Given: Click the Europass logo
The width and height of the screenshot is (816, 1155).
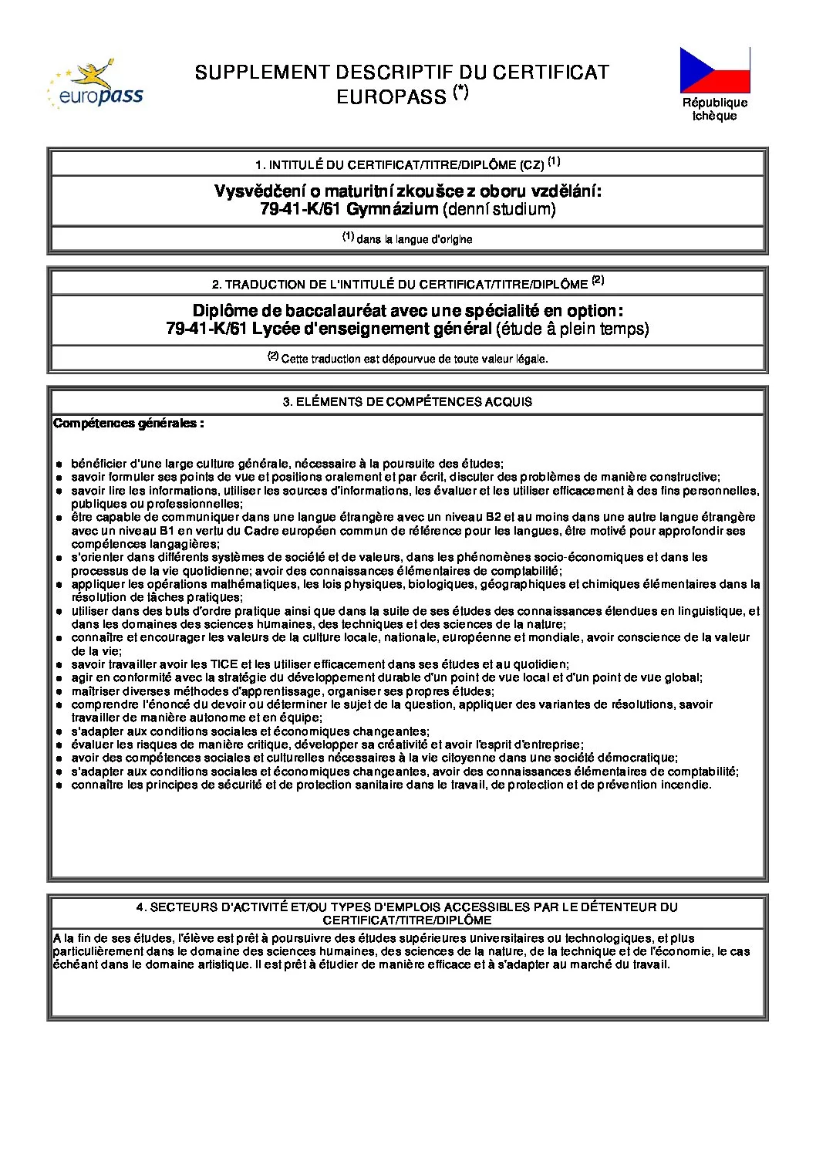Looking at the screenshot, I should [x=96, y=84].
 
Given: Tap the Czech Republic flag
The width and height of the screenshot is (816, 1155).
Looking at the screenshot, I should [x=714, y=70].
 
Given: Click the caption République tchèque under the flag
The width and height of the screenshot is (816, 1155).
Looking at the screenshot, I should [x=714, y=109].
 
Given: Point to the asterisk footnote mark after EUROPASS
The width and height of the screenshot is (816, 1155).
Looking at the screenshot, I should [x=461, y=92].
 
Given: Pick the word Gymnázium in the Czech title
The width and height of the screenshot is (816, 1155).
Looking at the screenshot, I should [x=392, y=209].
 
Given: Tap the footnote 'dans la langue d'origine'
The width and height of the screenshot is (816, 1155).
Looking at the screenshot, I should [x=414, y=239].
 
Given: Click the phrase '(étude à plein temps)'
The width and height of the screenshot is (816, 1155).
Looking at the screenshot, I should [x=572, y=329].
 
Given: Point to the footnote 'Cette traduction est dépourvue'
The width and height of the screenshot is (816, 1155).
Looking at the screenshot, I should [x=414, y=359].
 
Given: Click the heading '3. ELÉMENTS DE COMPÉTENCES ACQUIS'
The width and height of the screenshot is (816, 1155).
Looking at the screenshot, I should [x=407, y=401].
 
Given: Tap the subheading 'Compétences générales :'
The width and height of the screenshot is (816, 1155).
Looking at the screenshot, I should [x=129, y=423].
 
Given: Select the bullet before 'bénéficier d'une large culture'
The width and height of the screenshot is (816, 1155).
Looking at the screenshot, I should [x=59, y=464].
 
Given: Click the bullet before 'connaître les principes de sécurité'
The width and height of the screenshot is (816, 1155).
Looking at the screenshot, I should [x=59, y=785].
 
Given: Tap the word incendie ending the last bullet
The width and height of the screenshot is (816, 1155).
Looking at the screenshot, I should [x=687, y=785].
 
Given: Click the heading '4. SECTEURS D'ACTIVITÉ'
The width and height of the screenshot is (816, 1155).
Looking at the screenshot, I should [x=406, y=907].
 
